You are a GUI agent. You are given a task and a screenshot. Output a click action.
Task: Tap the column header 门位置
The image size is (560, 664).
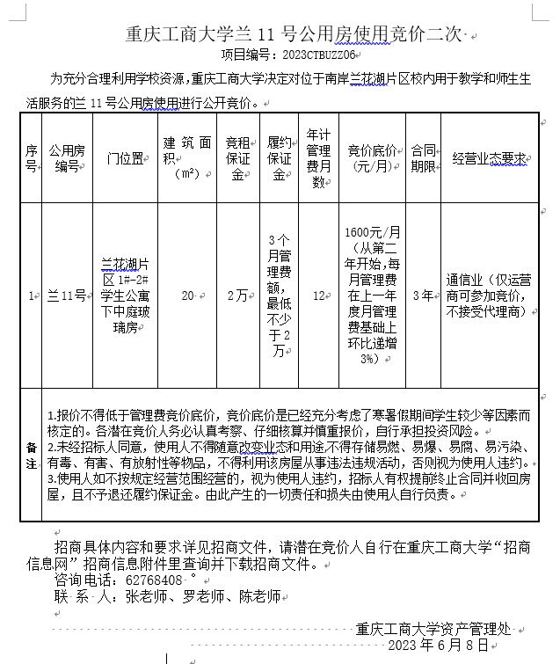coord(125,158)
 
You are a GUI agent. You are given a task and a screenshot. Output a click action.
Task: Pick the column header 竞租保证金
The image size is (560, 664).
coord(238,158)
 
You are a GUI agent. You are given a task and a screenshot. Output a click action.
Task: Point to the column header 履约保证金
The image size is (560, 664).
coord(279,158)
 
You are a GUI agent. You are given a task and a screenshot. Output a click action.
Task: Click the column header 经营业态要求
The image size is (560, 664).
coord(489,158)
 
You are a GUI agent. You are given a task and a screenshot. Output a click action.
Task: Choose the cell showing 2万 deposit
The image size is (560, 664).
coord(237,296)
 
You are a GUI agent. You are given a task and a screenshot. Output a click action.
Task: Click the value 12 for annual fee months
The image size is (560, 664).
coord(319,296)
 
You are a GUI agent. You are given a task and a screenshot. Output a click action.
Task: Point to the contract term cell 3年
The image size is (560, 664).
coord(423,296)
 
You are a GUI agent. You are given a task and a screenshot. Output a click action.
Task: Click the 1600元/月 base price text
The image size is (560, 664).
coord(373,232)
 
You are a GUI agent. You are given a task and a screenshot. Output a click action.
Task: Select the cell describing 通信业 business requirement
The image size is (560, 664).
coord(488,296)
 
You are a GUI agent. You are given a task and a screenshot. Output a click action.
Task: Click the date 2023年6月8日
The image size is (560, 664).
coord(437,646)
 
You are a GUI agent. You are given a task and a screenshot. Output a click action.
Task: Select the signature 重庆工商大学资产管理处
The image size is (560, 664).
coord(433,629)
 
